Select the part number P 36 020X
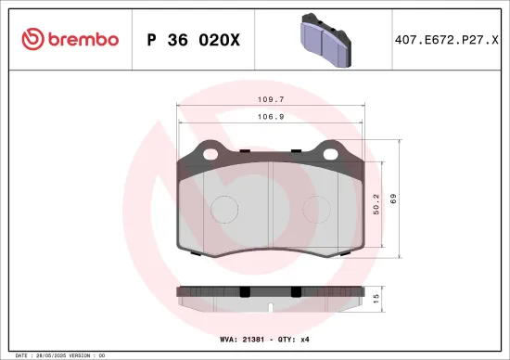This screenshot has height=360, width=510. pyautogui.click(x=194, y=39)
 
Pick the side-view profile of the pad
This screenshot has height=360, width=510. pyautogui.click(x=269, y=292)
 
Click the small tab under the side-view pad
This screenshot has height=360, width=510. pyautogui.click(x=269, y=304)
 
